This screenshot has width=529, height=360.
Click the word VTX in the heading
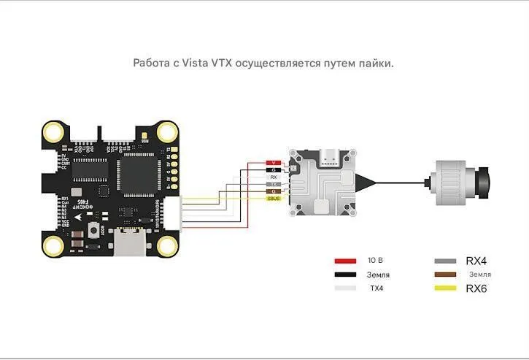pyautogui.click(x=223, y=64)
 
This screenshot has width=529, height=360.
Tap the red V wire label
pyautogui.click(x=274, y=162)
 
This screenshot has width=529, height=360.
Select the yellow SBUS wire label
pyautogui.click(x=274, y=199)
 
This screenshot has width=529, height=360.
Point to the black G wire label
pyautogui.click(x=274, y=169)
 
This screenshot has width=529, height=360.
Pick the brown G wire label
pyautogui.click(x=274, y=191)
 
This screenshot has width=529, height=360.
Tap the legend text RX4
pyautogui.click(x=476, y=261)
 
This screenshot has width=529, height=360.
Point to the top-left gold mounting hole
pyautogui.click(x=53, y=132)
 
